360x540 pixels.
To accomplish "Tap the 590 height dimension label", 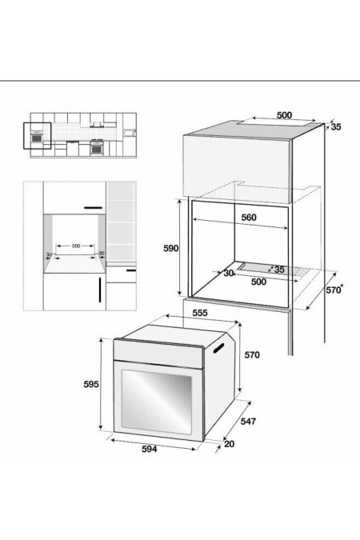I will pyautogui.click(x=170, y=249).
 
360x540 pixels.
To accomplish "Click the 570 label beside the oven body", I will pyautogui.click(x=253, y=354).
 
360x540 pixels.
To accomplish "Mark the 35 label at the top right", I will pyautogui.click(x=335, y=126).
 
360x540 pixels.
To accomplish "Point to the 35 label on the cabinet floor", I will pyautogui.click(x=279, y=269).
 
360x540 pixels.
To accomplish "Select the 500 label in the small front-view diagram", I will pyautogui.click(x=77, y=245).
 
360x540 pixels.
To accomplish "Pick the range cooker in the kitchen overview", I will pyautogui.click(x=98, y=147).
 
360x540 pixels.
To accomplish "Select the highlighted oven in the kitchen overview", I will pyautogui.click(x=37, y=138).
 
